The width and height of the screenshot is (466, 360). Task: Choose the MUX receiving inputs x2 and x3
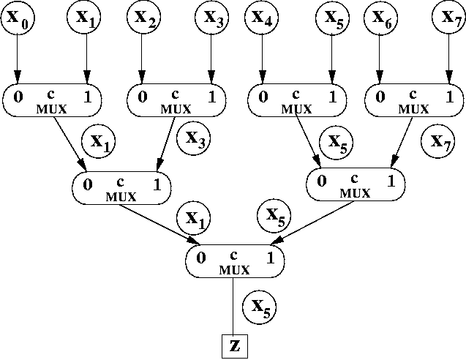(x=175, y=100)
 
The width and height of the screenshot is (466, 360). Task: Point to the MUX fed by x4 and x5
(x=297, y=100)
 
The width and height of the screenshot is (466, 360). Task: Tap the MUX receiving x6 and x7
(x=414, y=100)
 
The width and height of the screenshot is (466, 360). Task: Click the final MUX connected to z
(x=233, y=260)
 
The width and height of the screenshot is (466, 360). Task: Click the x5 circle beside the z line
(x=262, y=309)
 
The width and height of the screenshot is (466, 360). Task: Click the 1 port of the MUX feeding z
(x=269, y=258)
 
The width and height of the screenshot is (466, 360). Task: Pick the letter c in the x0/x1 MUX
(x=53, y=94)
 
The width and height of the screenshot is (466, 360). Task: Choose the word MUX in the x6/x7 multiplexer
(x=414, y=109)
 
